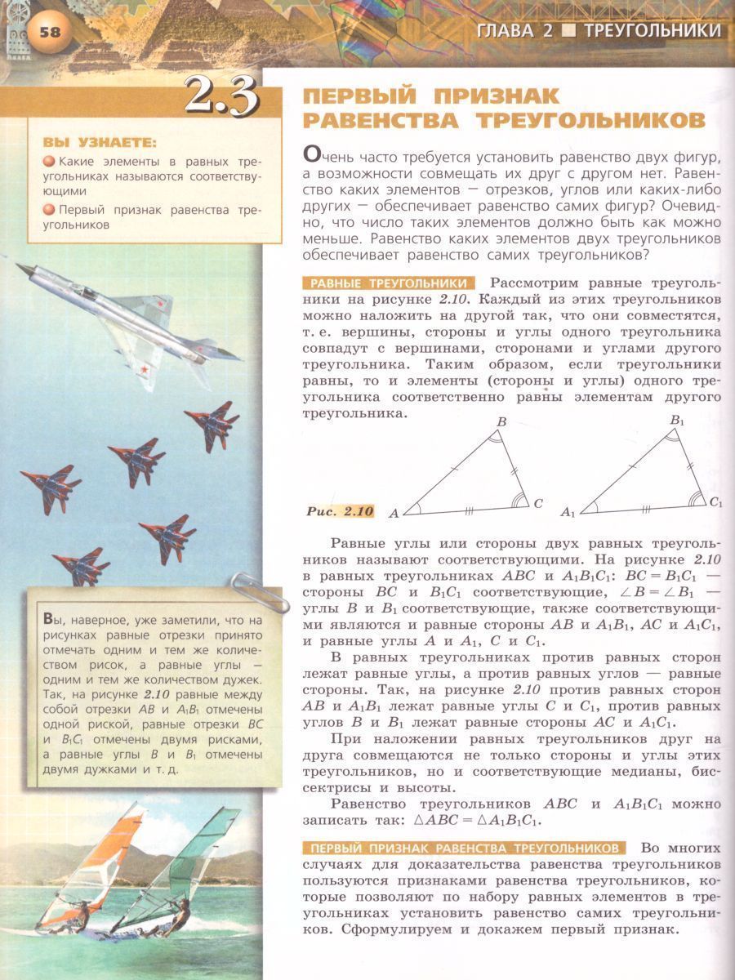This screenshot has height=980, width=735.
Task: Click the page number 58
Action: [49, 32]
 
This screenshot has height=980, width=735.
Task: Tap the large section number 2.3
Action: [221, 96]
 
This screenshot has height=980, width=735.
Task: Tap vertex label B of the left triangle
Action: [501, 421]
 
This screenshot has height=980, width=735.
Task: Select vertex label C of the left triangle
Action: [538, 504]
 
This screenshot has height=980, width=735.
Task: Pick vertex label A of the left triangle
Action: [393, 514]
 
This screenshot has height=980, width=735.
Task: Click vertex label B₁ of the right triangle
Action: [677, 420]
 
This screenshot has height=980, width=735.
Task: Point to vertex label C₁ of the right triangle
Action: [716, 503]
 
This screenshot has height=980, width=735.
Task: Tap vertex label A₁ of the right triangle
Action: [568, 514]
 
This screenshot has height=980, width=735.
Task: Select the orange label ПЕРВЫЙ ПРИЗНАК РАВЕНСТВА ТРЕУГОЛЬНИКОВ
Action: [463, 847]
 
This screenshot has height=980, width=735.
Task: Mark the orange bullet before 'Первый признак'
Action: [50, 210]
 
